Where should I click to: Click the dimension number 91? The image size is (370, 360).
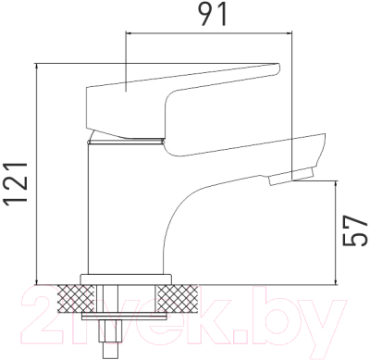click(x=212, y=14)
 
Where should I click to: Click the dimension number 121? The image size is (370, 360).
click(x=16, y=184)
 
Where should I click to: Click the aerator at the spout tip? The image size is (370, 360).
click(x=291, y=177)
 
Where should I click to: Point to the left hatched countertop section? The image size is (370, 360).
click(x=77, y=298)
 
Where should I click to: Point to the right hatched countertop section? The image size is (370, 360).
click(x=178, y=298)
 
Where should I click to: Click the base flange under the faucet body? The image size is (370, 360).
click(x=126, y=279)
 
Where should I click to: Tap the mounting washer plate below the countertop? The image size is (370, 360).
click(x=124, y=316)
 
